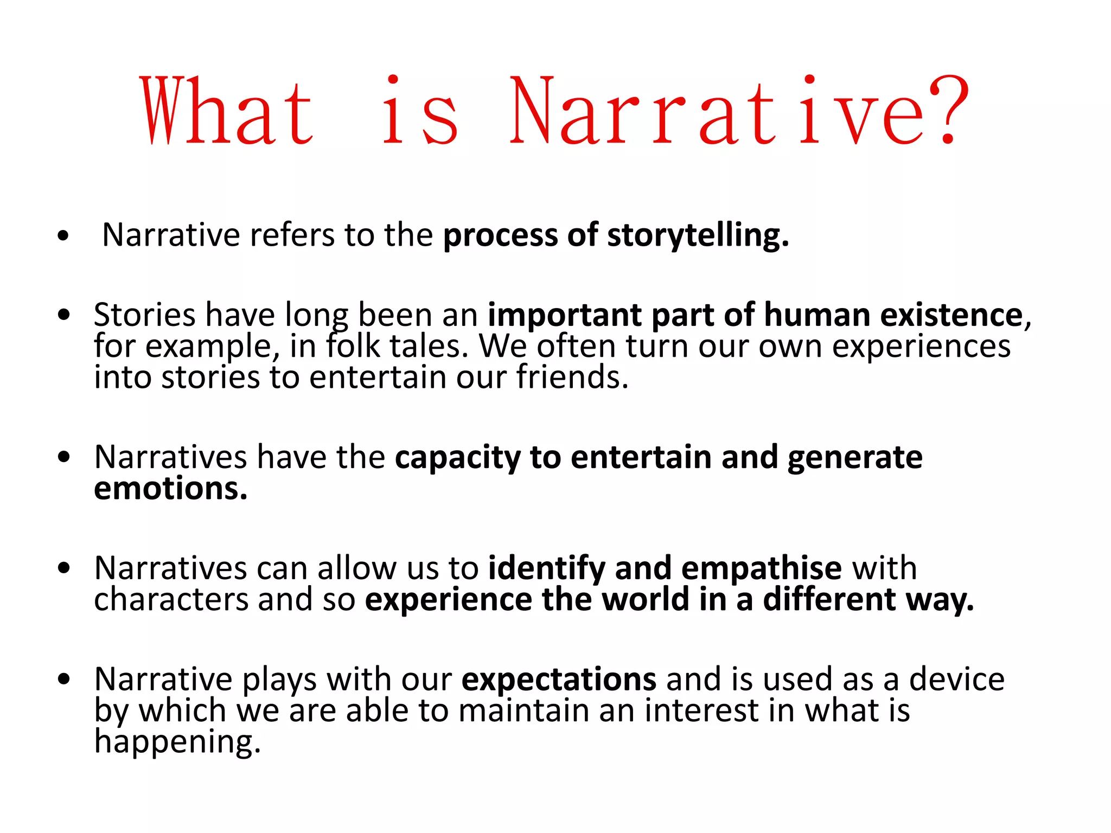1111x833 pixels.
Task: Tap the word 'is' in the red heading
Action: point(420,111)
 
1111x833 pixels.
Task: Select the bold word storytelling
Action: point(698,236)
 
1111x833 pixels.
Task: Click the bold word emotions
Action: point(170,489)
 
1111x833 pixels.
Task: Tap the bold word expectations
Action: point(559,680)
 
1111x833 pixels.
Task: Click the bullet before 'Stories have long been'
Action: point(64,315)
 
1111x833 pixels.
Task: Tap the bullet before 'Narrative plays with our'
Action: point(64,679)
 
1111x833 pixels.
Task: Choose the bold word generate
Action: point(854,458)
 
